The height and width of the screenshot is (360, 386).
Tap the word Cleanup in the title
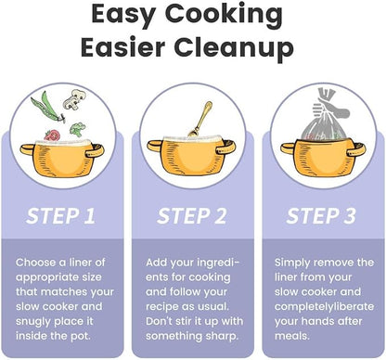pos(234,49)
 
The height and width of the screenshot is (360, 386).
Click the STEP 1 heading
pos(60,216)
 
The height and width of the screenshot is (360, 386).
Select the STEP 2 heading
pos(192,216)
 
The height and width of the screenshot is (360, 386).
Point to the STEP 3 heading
pos(321,216)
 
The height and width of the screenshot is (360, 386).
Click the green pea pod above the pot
pos(48,107)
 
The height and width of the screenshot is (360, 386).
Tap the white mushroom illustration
pos(74,98)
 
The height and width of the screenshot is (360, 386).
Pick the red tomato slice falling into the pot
pos(52,135)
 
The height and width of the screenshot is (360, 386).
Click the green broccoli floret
pos(77,129)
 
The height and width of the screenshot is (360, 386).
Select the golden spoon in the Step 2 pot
pos(201,119)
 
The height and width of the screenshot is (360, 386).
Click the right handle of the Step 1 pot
pos(95,150)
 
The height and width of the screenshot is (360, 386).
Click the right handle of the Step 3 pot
pos(355,149)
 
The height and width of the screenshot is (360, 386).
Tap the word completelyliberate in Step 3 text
pos(324,307)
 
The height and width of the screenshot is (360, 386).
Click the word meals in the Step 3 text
pos(292,336)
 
